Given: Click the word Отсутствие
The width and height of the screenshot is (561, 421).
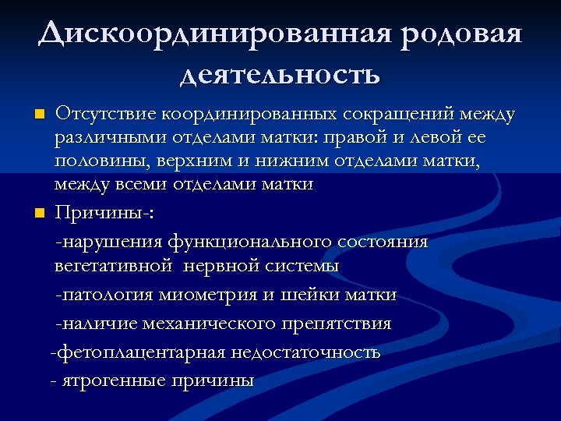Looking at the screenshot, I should tap(105, 115).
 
